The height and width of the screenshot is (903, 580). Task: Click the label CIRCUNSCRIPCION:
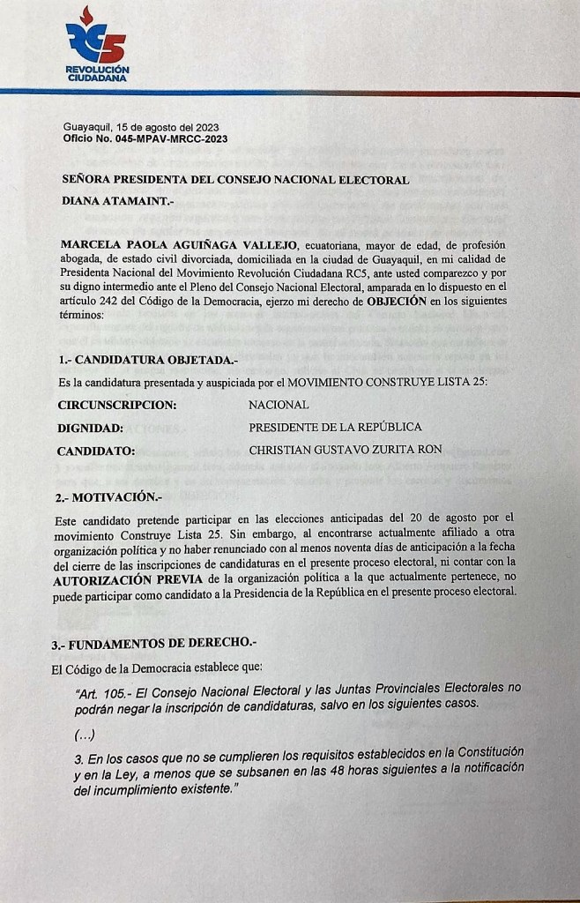tap(117, 405)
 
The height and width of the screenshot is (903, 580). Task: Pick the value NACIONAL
tap(279, 405)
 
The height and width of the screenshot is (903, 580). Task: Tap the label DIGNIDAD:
tap(90, 428)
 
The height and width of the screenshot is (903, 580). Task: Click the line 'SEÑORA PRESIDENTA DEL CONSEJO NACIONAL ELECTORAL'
tap(234, 180)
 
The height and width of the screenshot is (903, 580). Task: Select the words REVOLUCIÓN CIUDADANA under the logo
tap(97, 73)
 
